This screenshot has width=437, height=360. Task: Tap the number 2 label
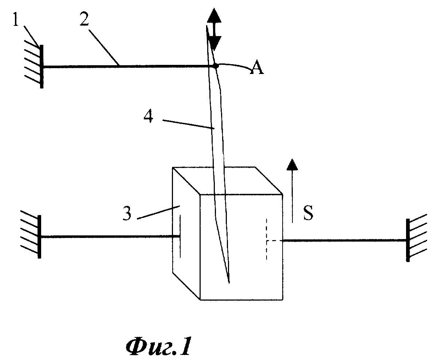coord(84,19)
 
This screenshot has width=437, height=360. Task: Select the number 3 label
coord(127,214)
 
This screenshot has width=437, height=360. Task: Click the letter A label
coord(257,67)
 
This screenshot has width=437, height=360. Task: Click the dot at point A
coord(216,66)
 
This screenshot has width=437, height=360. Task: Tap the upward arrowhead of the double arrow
coord(214,15)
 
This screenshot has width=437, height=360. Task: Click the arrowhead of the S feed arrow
coord(292,164)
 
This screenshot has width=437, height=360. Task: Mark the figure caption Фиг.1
coord(158,346)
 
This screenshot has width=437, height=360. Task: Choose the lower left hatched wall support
coord(31,236)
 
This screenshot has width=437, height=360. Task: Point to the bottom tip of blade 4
coord(229,283)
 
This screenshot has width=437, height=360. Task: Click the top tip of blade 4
coord(206,26)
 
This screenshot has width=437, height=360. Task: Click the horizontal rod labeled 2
coord(129,67)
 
